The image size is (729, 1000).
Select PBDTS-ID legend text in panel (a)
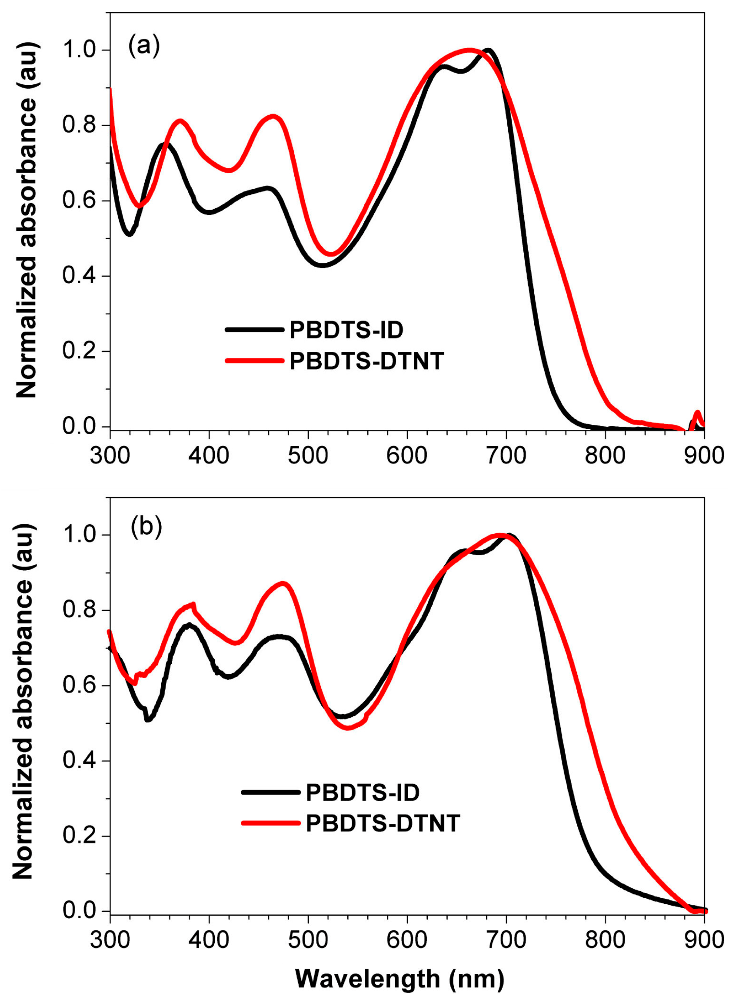pyautogui.click(x=346, y=330)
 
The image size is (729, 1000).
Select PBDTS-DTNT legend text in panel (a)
pyautogui.click(x=366, y=361)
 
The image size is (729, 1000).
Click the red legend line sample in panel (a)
pyautogui.click(x=253, y=361)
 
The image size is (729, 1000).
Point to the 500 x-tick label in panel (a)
pyautogui.click(x=308, y=455)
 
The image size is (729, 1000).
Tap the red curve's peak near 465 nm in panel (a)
pyautogui.click(x=273, y=117)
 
